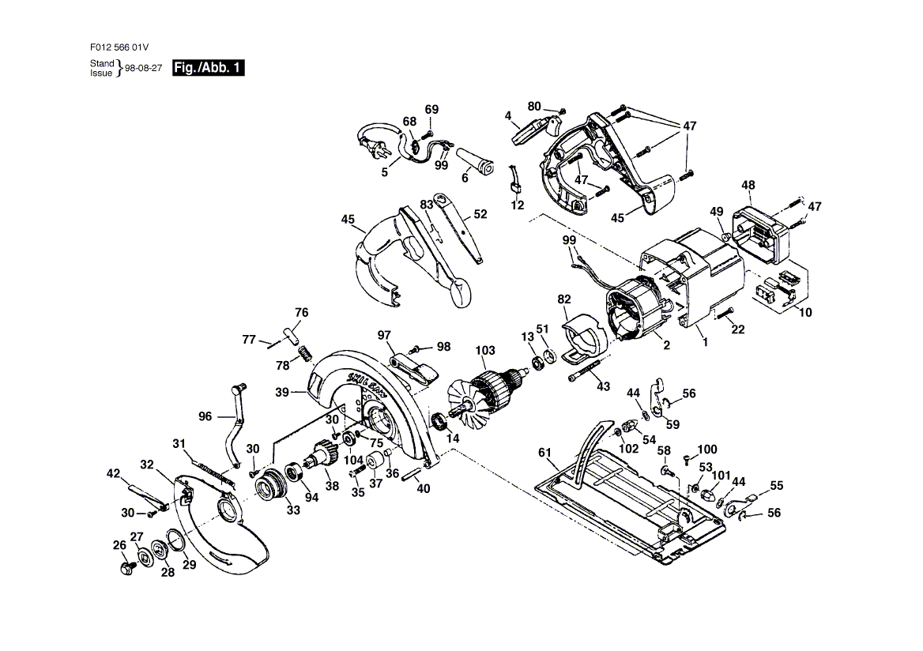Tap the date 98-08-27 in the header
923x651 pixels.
[x=145, y=69]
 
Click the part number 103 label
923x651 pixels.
[x=484, y=351]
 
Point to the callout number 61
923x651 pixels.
[x=544, y=453]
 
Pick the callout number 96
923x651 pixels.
[x=205, y=416]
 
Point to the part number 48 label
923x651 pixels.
[x=748, y=185]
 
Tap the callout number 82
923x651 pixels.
[x=563, y=299]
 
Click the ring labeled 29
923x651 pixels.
[x=176, y=544]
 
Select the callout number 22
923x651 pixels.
[x=737, y=329]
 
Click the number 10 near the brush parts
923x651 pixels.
[x=805, y=313]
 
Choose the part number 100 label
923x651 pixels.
[x=707, y=449]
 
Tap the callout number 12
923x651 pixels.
[x=518, y=205]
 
